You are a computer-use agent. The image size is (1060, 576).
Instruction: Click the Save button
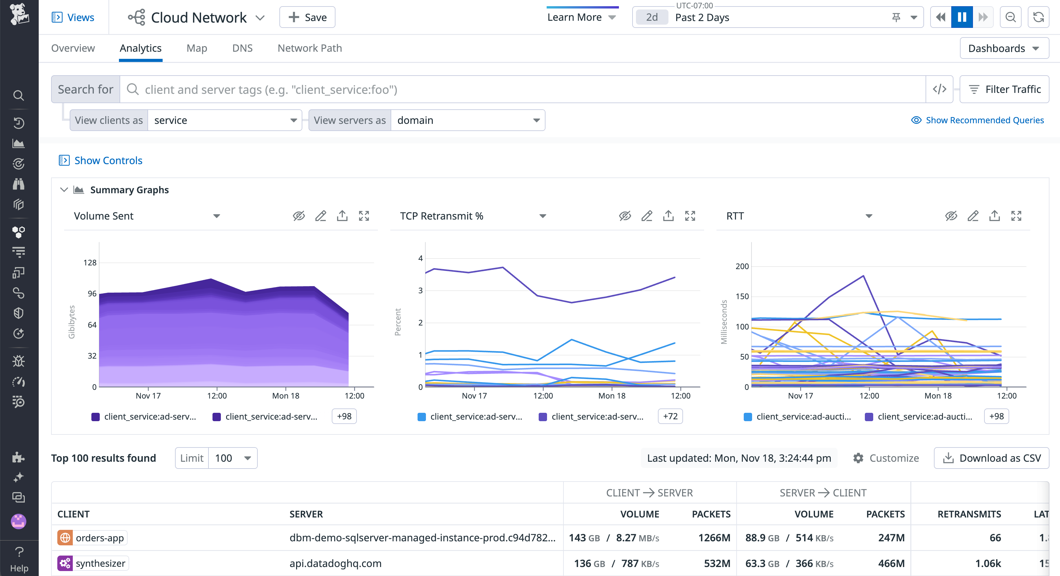[307, 17]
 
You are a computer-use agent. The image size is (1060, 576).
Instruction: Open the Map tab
[196, 48]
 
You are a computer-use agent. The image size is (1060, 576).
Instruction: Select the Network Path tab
[309, 48]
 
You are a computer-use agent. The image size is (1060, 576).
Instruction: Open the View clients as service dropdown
[225, 120]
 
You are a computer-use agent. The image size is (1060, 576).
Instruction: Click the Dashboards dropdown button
[1004, 48]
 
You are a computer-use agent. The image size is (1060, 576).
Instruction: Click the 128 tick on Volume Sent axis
[90, 263]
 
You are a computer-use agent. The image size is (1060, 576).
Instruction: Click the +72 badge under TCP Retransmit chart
[670, 417]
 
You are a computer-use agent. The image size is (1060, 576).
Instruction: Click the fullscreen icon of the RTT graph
[1016, 216]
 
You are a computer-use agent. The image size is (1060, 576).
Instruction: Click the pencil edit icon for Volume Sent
[321, 216]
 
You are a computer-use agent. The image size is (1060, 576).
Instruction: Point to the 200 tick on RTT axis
[742, 266]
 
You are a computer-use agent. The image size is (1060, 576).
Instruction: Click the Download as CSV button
[991, 458]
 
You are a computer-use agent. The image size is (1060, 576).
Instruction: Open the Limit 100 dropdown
[233, 458]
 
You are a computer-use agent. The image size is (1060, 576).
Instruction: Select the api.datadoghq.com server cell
[335, 563]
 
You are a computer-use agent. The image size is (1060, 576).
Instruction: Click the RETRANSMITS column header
[969, 514]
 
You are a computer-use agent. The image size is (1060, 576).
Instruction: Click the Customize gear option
[886, 458]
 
